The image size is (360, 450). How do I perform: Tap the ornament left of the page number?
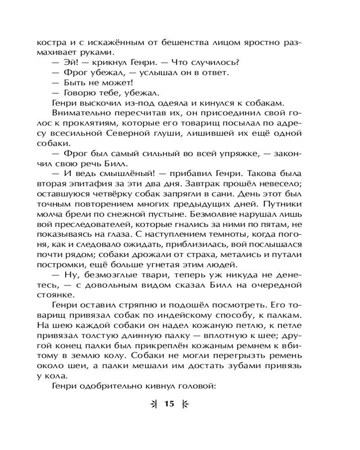click(154, 404)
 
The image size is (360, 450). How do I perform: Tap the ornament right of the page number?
click(185, 404)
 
